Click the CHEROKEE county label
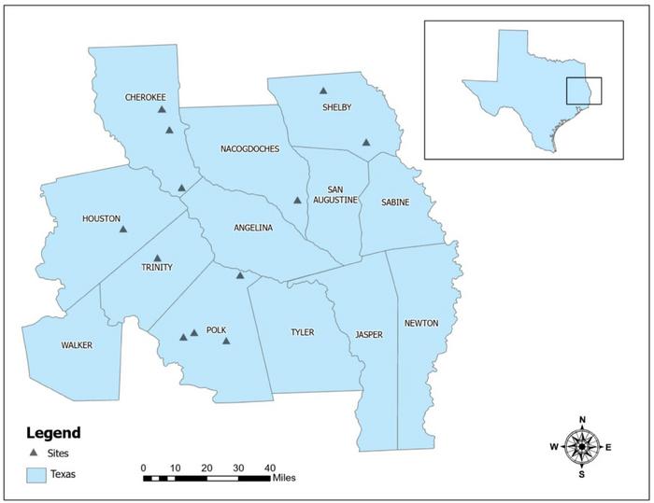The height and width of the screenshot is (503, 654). point(146,97)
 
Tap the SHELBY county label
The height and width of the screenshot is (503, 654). point(336,107)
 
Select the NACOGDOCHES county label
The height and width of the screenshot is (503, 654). point(249,148)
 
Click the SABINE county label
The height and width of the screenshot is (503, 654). point(395,202)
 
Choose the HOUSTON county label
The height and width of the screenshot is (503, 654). point(101,219)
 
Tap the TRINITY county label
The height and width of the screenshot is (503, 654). point(157,267)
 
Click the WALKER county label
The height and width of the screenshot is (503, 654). point(77,345)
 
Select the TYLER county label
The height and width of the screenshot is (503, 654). point(302,332)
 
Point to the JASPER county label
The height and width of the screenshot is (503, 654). point(368,334)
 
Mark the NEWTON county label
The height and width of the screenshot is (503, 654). point(420,323)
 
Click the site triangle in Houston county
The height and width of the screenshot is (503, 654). point(122,229)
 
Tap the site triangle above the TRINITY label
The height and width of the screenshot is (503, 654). point(157,258)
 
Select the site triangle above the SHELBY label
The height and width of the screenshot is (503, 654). point(323,91)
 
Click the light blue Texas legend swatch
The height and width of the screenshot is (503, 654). point(36,474)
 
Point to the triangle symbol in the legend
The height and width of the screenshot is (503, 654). point(36,453)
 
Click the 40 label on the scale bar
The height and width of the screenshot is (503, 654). point(270,467)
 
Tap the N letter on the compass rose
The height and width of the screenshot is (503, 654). point(582,420)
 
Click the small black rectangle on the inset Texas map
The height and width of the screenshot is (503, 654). point(583,91)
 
